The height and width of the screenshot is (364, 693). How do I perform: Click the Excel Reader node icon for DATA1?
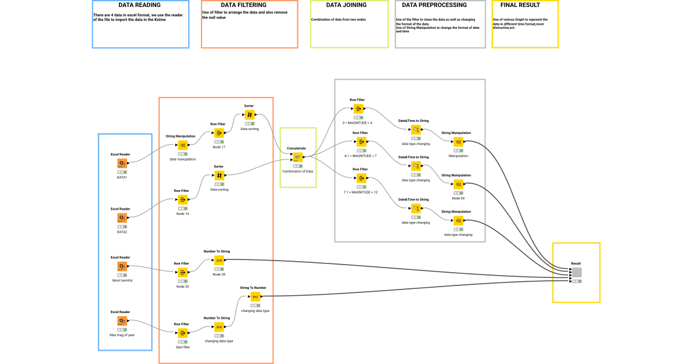tap(122, 164)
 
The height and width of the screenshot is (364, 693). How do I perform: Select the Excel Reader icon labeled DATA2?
tap(122, 218)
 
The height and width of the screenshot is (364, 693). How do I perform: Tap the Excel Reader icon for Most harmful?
tap(122, 266)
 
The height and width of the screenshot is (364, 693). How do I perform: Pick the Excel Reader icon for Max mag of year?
tap(122, 321)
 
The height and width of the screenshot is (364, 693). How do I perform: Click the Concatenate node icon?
tap(297, 157)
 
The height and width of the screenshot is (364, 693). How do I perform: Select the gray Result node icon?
tap(576, 272)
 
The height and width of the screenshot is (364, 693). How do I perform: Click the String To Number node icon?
tap(255, 296)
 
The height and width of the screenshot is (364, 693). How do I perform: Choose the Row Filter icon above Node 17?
tap(218, 133)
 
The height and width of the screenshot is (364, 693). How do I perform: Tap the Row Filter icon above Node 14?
tap(182, 199)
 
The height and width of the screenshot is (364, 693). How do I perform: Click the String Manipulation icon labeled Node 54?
tap(458, 184)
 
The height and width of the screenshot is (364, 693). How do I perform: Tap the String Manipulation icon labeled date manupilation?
tap(182, 145)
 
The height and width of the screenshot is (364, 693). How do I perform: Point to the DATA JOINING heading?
tap(349, 5)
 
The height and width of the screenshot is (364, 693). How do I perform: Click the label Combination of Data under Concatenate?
tap(297, 172)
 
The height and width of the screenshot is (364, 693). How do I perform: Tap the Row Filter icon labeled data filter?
tap(182, 333)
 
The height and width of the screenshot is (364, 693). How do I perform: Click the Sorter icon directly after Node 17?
tap(249, 115)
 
